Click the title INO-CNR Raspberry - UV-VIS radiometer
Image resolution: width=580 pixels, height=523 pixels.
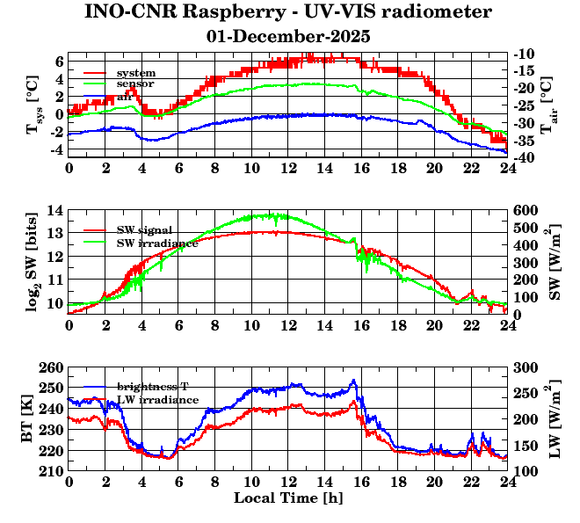pos(288,12)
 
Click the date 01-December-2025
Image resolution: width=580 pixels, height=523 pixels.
pos(288,37)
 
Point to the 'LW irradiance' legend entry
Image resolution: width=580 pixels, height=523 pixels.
pos(157,400)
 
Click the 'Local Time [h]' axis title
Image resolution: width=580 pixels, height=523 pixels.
pos(287,498)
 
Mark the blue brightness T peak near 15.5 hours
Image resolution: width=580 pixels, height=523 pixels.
pos(353,381)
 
